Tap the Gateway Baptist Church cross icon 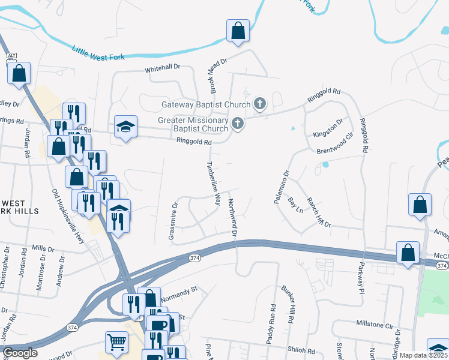click(259, 104)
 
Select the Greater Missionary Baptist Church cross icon click(238, 124)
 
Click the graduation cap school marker click(126, 127)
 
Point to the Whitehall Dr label click(163, 70)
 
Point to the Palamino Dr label click(282, 187)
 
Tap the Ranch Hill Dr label click(319, 211)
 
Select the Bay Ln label click(295, 204)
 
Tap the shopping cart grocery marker click(116, 341)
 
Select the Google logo click(20, 353)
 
